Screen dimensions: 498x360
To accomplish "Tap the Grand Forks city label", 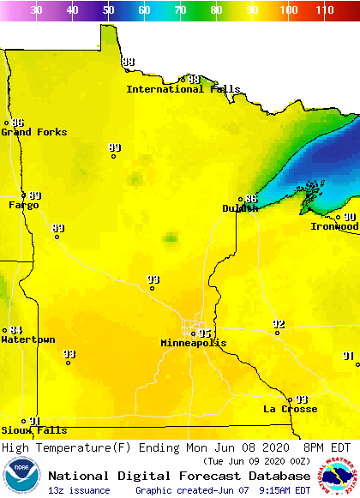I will (28, 132).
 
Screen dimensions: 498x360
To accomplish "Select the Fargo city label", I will (23, 206).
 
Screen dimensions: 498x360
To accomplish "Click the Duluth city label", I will (239, 208).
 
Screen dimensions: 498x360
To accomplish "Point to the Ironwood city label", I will (334, 226).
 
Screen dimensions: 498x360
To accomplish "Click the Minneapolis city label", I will (194, 343).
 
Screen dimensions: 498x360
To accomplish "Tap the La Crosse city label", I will (290, 409).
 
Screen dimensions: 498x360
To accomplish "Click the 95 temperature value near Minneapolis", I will (205, 333).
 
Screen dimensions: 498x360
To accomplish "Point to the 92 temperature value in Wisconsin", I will (278, 323).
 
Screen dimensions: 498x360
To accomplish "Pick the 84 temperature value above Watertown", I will (16, 330).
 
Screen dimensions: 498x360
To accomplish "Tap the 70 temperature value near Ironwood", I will (350, 217).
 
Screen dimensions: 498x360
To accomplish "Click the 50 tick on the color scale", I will (108, 10).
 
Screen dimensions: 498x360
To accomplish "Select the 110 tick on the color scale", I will (324, 10).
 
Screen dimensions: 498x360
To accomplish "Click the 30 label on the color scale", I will (37, 10).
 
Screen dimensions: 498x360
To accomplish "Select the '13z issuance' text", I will (79, 490).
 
